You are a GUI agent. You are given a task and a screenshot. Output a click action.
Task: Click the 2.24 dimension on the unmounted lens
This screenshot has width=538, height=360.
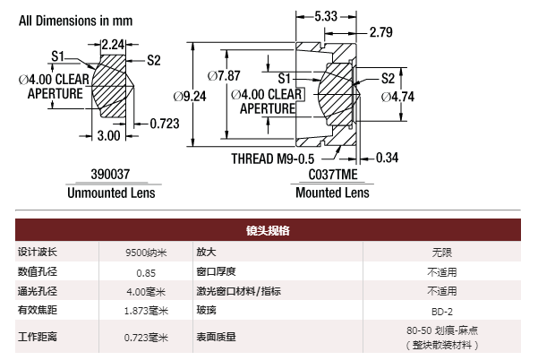113,45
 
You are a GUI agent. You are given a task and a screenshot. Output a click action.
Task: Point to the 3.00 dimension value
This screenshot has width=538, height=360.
109,135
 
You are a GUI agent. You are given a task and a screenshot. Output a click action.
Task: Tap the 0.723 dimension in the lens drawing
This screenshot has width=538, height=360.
165,124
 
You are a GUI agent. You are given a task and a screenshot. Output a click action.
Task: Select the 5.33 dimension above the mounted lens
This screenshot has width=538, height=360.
326,16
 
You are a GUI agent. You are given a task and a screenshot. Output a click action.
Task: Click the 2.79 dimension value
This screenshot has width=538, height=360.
381,32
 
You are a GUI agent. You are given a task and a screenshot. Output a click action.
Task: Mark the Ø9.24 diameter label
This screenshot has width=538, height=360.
190,97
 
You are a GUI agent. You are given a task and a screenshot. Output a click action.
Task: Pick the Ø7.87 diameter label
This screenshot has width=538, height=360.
224,75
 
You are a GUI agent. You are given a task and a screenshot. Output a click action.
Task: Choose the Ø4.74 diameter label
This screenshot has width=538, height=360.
397,97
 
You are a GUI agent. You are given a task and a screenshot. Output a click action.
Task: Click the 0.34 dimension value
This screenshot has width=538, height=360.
387,158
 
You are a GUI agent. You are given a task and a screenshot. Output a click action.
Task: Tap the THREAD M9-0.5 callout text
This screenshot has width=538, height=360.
273,159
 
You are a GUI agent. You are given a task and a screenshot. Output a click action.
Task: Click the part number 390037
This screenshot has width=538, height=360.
110,174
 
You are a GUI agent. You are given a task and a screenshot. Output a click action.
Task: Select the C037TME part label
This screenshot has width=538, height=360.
333,175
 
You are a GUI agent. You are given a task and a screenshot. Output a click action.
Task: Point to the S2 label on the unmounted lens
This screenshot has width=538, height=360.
154,60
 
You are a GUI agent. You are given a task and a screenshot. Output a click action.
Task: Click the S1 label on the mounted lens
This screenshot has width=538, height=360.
285,79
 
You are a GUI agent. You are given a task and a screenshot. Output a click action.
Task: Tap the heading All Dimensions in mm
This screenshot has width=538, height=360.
76,21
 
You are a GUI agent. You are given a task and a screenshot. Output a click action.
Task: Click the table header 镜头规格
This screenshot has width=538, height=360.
268,230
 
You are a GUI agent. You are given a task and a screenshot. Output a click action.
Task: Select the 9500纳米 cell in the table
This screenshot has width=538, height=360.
146,253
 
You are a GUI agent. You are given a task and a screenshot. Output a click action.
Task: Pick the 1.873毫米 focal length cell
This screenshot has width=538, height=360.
146,311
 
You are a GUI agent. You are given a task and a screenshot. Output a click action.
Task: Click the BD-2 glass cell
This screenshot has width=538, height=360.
442,312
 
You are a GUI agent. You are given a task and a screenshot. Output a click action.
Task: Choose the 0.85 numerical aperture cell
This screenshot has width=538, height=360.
146,273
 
